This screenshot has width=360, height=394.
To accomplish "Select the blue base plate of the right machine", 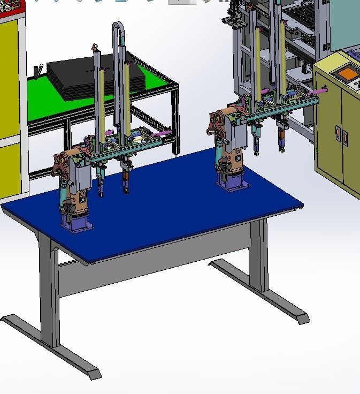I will click(x=233, y=184).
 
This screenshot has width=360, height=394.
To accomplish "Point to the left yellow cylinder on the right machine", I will click(x=258, y=64).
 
